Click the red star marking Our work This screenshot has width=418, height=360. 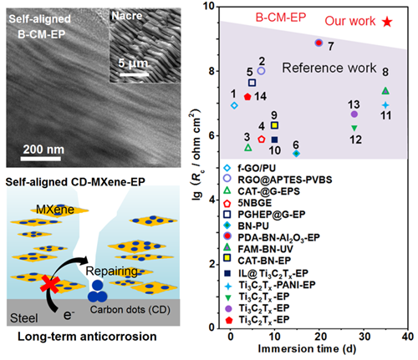pyautogui.click(x=387, y=22)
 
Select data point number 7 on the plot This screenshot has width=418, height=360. pyautogui.click(x=319, y=43)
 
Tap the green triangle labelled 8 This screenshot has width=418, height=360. pyautogui.click(x=385, y=90)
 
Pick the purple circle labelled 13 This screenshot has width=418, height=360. pyautogui.click(x=354, y=114)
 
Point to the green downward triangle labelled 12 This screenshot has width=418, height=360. pyautogui.click(x=354, y=128)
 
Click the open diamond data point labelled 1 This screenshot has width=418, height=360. pyautogui.click(x=234, y=105)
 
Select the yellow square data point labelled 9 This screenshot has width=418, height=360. pyautogui.click(x=274, y=125)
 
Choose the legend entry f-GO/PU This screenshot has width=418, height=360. pyautogui.click(x=250, y=168)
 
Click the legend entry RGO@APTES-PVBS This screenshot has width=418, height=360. pyautogui.click(x=278, y=180)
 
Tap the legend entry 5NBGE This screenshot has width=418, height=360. pyautogui.click(x=247, y=203)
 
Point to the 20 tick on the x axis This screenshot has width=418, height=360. pyautogui.click(x=319, y=337)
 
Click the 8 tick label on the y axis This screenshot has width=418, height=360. pyautogui.click(x=212, y=71)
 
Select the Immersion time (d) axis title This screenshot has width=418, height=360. pyautogui.click(x=307, y=349)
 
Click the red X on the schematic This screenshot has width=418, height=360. pyautogui.click(x=50, y=285)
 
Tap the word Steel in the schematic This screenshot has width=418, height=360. pyautogui.click(x=24, y=318)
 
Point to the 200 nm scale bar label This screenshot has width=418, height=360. pyautogui.click(x=43, y=150)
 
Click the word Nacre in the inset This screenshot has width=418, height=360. pyautogui.click(x=127, y=16)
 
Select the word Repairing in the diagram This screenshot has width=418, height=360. pyautogui.click(x=111, y=271)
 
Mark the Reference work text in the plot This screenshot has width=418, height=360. pyautogui.click(x=329, y=68)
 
